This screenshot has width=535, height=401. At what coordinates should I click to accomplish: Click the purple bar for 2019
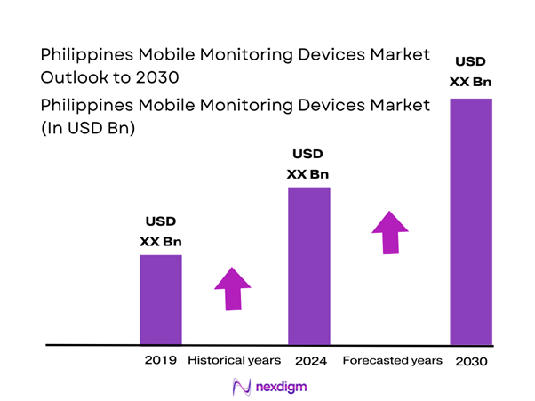tap(161, 299)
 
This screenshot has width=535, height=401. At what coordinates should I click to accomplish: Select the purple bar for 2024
tap(309, 265)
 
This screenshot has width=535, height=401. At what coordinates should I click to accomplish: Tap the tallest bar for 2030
tap(471, 221)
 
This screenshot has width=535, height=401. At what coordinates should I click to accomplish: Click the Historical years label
tap(235, 360)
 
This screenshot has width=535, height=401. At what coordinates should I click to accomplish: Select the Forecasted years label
tap(392, 360)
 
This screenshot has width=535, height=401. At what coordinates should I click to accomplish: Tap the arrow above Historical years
tap(233, 288)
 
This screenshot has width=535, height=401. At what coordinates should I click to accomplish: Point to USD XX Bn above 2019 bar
tap(161, 230)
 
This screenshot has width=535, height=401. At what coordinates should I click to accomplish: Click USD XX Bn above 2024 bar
tap(309, 163)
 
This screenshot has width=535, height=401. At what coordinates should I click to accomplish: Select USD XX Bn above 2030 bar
tap(471, 71)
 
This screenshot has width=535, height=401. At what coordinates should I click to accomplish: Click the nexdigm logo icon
tap(240, 387)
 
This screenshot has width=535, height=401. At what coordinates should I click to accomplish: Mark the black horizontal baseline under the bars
tap(267, 344)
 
